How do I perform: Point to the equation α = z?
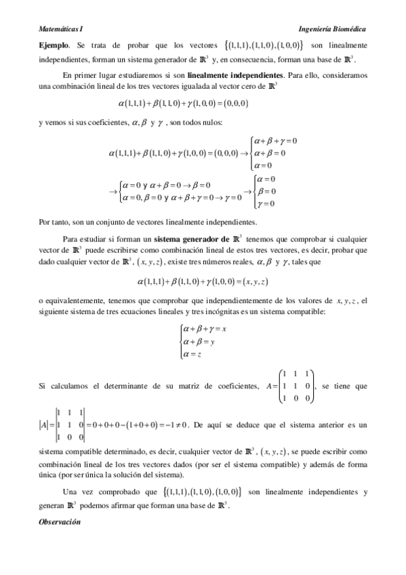point(194,353)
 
